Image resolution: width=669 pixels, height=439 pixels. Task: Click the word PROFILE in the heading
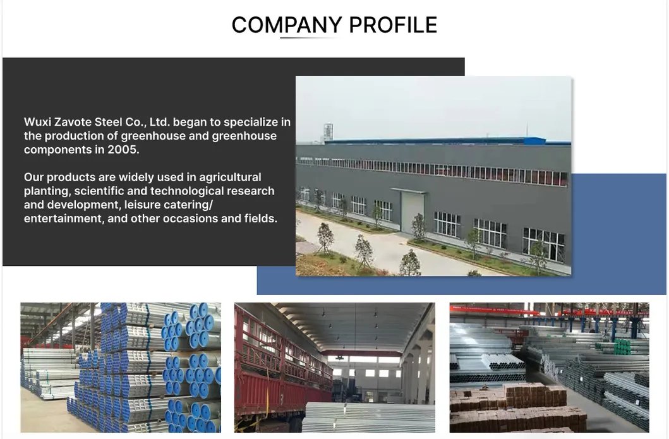pos(392,25)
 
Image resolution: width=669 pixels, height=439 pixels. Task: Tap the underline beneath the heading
pos(310,38)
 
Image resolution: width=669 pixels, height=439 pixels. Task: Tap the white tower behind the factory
pos(327,131)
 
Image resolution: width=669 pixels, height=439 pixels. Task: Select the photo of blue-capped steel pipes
pos(121,368)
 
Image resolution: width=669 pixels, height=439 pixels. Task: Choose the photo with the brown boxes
pos(549,368)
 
